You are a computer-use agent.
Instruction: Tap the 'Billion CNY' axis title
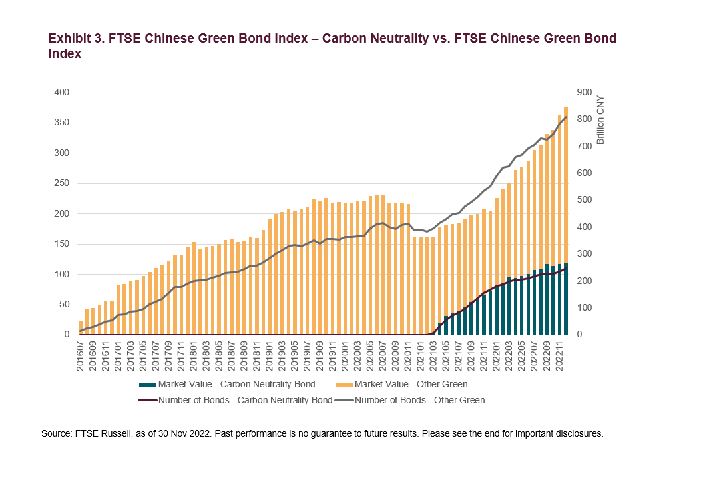pyautogui.click(x=600, y=119)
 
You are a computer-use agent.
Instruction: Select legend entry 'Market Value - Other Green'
pyautogui.click(x=411, y=385)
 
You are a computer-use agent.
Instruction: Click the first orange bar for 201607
pyautogui.click(x=81, y=327)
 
